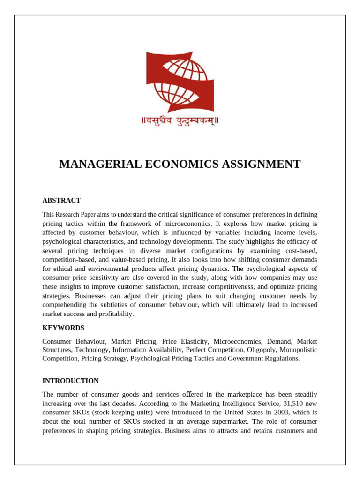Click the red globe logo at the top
coord(180,82)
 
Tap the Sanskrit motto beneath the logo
coord(180,121)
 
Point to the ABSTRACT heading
coord(61,200)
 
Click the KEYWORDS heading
coord(63,328)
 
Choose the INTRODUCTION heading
coord(70,381)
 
